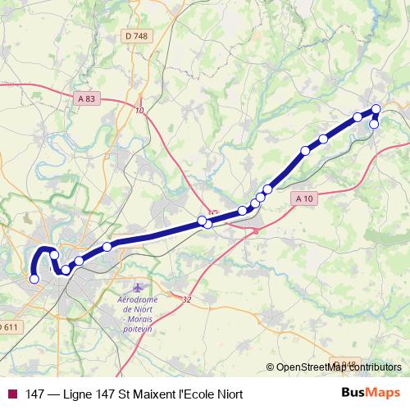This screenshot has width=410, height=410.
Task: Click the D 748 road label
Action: point(136,35)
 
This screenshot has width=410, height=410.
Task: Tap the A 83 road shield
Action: point(87,98)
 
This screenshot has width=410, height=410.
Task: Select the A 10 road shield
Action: point(303,198)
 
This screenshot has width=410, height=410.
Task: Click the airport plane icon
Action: point(136,289)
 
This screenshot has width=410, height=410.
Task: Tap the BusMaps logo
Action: point(370,393)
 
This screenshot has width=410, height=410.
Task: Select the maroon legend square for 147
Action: point(11,394)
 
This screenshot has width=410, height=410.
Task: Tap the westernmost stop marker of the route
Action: point(34,279)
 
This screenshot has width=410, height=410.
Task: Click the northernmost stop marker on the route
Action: point(376,109)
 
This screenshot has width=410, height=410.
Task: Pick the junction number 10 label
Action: point(139,111)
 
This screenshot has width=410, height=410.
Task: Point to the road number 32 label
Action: point(187,300)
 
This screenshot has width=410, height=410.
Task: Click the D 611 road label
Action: point(8,327)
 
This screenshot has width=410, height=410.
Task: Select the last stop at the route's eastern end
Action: point(375,124)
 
